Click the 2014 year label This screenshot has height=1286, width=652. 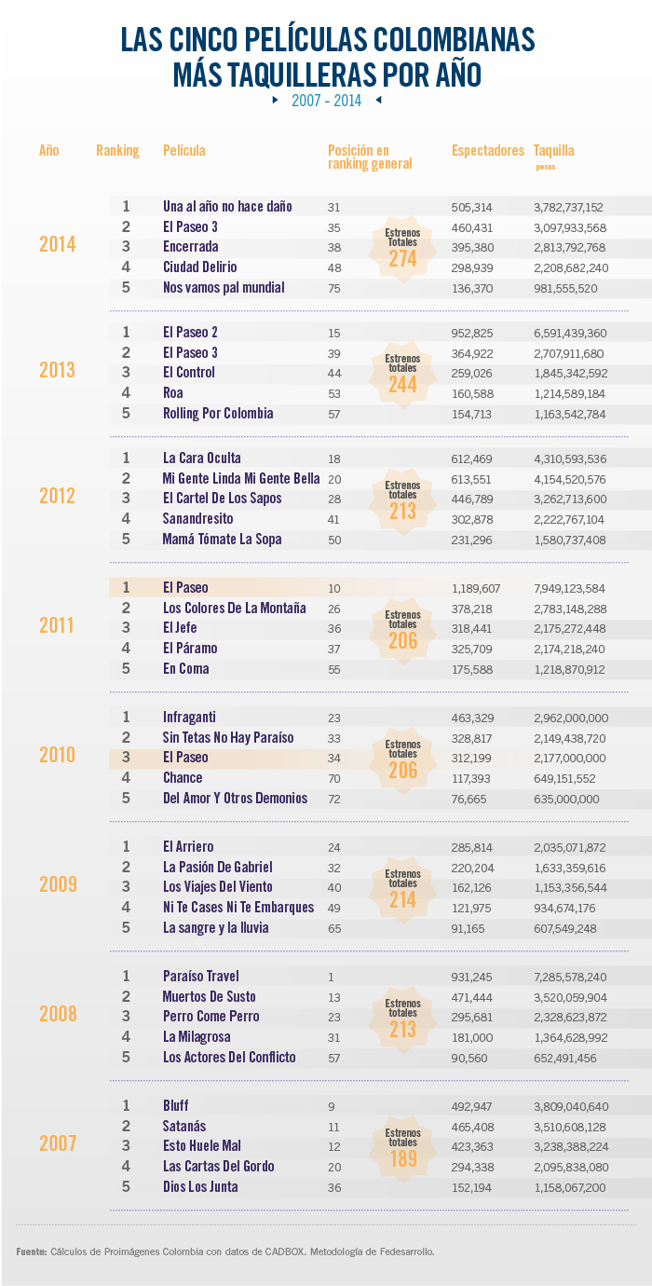click(x=57, y=245)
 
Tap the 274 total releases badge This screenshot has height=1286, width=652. click(x=402, y=248)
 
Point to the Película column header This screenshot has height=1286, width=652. click(x=183, y=150)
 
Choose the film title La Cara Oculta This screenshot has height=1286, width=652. click(x=202, y=458)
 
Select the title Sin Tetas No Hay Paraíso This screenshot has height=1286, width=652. click(x=228, y=738)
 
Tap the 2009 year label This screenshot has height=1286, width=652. click(x=57, y=884)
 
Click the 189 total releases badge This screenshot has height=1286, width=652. click(x=402, y=1147)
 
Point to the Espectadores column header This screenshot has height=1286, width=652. click(x=488, y=150)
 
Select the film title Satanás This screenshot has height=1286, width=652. click(x=185, y=1127)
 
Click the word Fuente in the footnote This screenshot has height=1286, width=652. click(x=32, y=1251)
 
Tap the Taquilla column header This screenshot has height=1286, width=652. click(x=553, y=150)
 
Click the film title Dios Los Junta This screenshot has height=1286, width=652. click(x=200, y=1187)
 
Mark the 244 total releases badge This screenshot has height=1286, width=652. click(x=402, y=374)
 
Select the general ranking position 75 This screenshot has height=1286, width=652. click(x=334, y=288)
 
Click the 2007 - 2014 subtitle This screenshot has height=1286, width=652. click(x=326, y=101)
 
